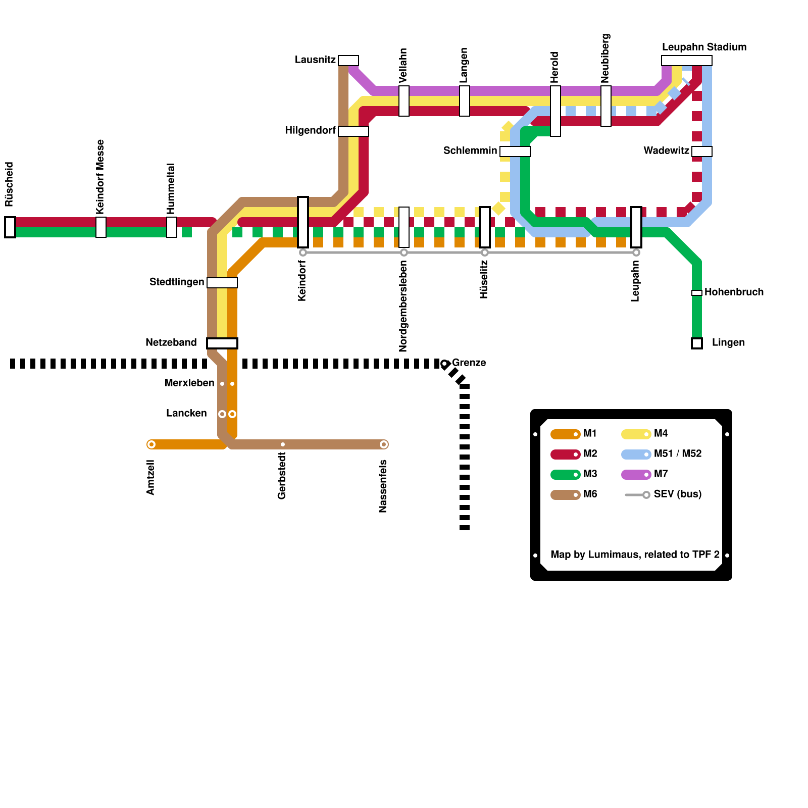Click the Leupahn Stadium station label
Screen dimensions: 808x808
pyautogui.click(x=704, y=47)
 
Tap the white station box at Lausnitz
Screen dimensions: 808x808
pyautogui.click(x=348, y=61)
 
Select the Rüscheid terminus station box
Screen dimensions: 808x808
pyautogui.click(x=10, y=227)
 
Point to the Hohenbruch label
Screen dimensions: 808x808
pyautogui.click(x=734, y=292)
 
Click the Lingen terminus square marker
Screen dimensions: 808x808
pyautogui.click(x=697, y=343)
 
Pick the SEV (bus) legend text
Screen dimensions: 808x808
pyautogui.click(x=678, y=494)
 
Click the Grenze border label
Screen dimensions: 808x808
pyautogui.click(x=469, y=363)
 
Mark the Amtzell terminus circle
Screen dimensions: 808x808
pyautogui.click(x=151, y=444)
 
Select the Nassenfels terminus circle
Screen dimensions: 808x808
pyautogui.click(x=384, y=444)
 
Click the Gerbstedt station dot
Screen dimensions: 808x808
pyautogui.click(x=283, y=444)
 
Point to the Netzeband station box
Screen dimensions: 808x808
pyautogui.click(x=222, y=343)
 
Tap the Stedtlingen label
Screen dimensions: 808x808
pyautogui.click(x=177, y=282)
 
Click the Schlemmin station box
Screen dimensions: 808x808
pyautogui.click(x=515, y=151)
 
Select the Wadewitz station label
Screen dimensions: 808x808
pyautogui.click(x=666, y=150)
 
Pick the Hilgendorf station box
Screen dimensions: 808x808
pyautogui.click(x=353, y=131)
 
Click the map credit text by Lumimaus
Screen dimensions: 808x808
pyautogui.click(x=635, y=554)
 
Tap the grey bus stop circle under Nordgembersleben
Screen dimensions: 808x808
pyautogui.click(x=404, y=252)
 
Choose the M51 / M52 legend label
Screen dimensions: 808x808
pyautogui.click(x=678, y=453)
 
